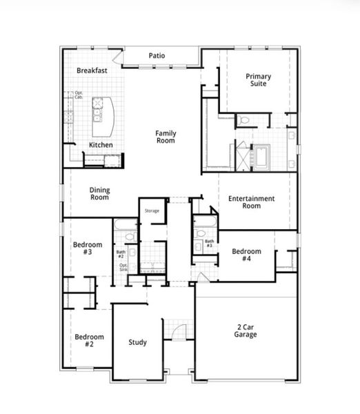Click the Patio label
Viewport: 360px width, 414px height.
coord(157,56)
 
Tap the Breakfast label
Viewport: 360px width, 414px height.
coord(92,70)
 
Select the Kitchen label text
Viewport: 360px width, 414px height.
coord(101,145)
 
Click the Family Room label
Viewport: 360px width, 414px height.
coord(165,137)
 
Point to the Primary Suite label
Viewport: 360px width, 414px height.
coord(259,80)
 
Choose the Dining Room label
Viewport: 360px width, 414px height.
coord(99,194)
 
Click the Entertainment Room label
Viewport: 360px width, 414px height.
coord(252,202)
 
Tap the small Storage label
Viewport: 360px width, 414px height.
coord(152,210)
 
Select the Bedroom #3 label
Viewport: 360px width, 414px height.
coord(88,248)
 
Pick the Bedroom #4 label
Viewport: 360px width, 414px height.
coord(246,255)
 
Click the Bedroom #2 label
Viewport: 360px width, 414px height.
coord(89,341)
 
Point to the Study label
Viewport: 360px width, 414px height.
coord(137,342)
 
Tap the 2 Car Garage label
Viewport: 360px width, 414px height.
coord(245,331)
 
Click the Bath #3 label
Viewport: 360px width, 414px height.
coord(208,244)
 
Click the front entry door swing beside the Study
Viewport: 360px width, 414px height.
coord(178,331)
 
